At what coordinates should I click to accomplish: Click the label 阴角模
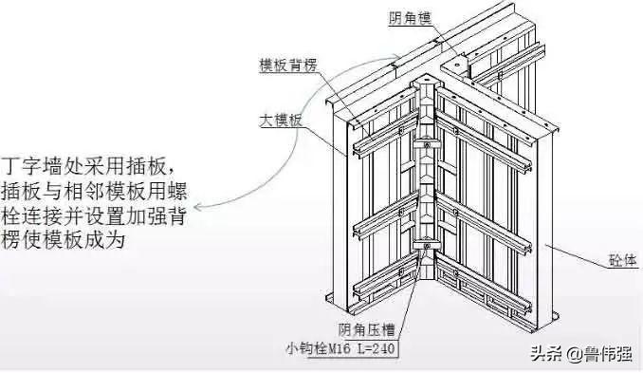click(410, 18)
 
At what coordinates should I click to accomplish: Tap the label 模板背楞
click(288, 65)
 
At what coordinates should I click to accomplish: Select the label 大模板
click(281, 121)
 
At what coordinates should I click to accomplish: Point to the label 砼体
click(622, 260)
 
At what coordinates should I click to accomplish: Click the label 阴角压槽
click(366, 330)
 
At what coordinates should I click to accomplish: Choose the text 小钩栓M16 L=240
click(340, 348)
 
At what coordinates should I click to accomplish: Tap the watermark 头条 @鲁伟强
click(581, 353)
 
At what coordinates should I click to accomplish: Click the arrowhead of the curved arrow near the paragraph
click(198, 207)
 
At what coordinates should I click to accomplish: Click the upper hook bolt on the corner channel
click(427, 144)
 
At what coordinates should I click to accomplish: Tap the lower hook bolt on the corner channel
click(427, 246)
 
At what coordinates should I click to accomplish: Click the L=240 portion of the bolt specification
click(377, 349)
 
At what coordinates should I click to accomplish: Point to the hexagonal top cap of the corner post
click(427, 80)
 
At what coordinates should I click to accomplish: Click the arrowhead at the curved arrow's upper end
click(397, 56)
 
